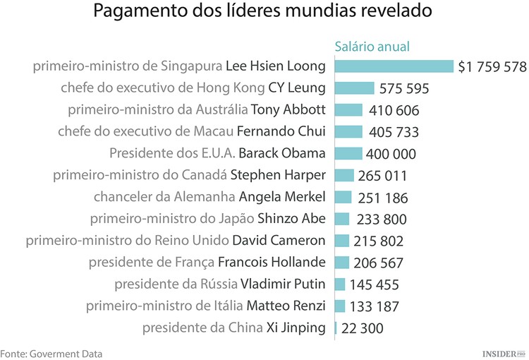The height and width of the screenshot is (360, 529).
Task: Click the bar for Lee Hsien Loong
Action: click(x=394, y=66)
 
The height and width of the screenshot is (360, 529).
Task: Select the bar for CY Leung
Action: click(x=354, y=88)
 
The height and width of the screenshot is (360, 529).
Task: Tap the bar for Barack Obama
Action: click(x=348, y=153)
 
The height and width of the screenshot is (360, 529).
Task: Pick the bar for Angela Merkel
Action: click(x=343, y=197)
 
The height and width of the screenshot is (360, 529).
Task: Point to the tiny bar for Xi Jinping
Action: click(x=336, y=328)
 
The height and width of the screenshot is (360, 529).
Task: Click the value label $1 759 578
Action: click(x=492, y=67)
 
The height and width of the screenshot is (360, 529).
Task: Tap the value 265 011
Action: click(x=383, y=176)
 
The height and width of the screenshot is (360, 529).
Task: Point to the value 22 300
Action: click(x=363, y=328)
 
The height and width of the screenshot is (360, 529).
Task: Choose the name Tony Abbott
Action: click(x=288, y=109)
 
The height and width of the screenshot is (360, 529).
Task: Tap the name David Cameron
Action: click(x=279, y=240)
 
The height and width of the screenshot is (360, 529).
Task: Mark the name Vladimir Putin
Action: click(x=283, y=284)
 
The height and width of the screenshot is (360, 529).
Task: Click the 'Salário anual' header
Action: click(x=372, y=47)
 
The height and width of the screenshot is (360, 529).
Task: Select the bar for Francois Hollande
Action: click(x=342, y=263)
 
